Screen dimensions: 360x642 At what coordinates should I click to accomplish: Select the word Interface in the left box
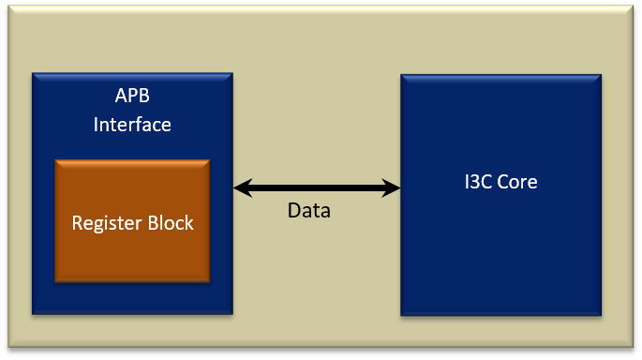[x=132, y=124]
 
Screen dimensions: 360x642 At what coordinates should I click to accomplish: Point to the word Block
[x=169, y=223]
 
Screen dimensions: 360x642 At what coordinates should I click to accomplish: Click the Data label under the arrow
[x=308, y=211]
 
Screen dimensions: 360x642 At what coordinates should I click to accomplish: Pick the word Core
[x=516, y=182]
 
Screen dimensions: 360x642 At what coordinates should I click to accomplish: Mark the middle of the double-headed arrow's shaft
[x=317, y=188]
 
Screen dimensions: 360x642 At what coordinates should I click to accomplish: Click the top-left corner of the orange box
[x=56, y=160]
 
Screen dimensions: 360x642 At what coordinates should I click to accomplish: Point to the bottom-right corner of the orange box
[x=208, y=280]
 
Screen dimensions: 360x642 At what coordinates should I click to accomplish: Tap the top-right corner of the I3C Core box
[x=600, y=75]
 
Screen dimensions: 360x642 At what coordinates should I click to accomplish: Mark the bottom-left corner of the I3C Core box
[x=402, y=314]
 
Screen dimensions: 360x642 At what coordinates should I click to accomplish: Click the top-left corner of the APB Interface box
[x=33, y=73]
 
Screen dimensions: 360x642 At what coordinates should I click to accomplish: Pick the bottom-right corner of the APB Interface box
[x=231, y=312]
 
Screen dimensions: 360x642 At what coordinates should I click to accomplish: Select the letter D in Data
[x=293, y=211]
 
